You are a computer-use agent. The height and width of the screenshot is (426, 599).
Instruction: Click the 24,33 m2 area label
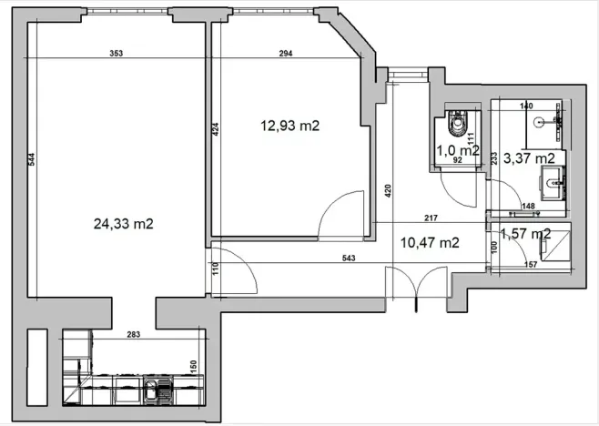click(x=123, y=224)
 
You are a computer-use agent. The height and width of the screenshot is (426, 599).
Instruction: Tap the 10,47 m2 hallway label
click(x=429, y=242)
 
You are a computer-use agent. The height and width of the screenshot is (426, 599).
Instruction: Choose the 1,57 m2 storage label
click(x=526, y=234)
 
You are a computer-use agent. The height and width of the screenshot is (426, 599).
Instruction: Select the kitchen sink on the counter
click(x=152, y=394)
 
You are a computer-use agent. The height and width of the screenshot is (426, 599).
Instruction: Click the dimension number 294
click(x=285, y=55)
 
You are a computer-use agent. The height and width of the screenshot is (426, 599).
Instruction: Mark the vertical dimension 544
click(x=31, y=159)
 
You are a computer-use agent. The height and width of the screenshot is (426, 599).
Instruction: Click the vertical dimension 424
click(x=216, y=130)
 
